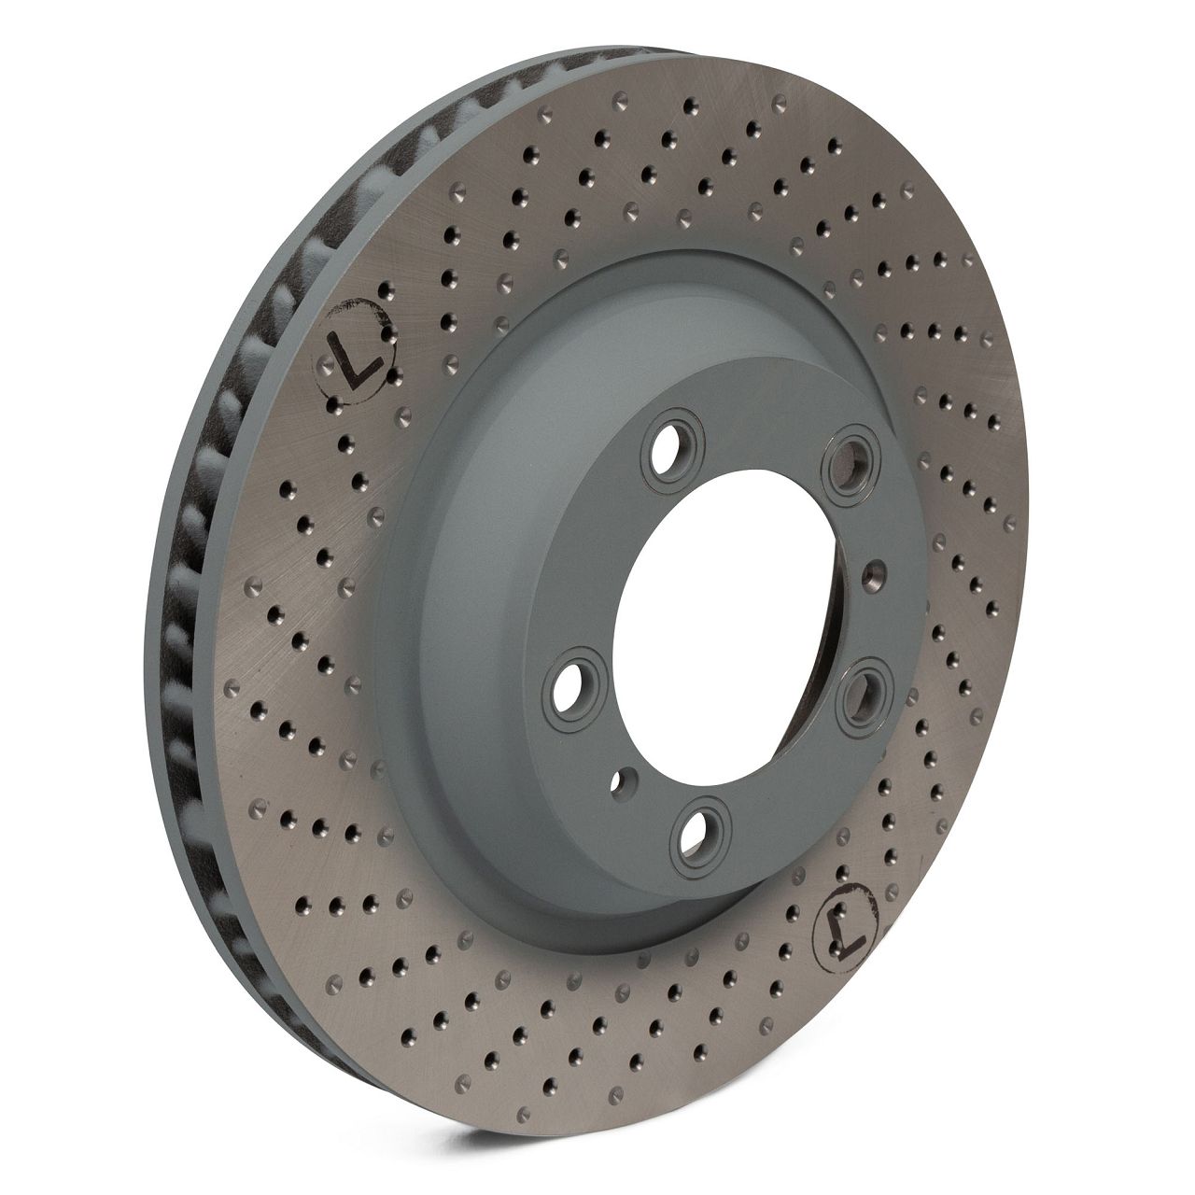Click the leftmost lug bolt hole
coord(571,686)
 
